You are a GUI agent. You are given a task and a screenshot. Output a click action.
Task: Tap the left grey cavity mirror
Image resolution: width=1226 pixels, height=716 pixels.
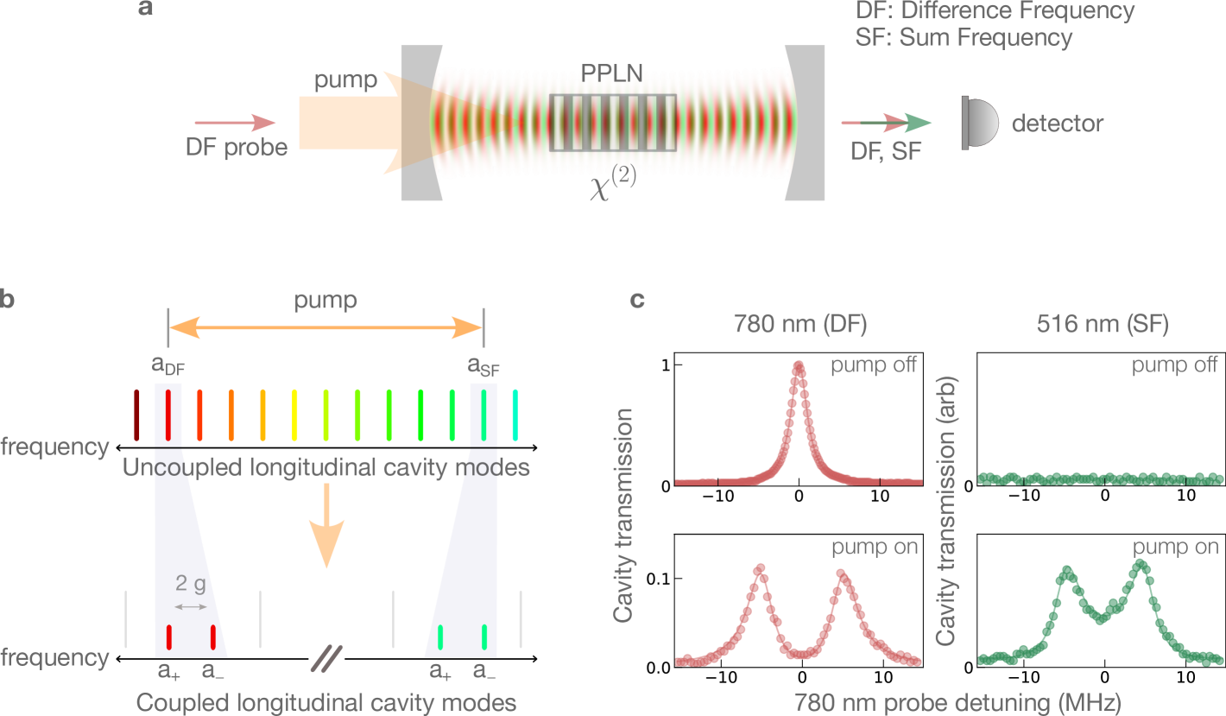418,124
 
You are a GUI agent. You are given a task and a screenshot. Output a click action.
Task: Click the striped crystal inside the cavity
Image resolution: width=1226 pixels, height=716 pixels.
612,123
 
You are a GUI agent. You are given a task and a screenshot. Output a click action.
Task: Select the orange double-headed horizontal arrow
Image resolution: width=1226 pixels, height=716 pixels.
325,327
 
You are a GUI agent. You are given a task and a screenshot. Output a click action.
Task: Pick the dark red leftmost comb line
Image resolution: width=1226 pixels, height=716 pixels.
136,415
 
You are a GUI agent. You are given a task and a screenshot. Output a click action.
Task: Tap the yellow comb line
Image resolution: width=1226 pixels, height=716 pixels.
294,415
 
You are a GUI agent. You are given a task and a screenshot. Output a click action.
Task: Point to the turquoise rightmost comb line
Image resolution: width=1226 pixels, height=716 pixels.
515,415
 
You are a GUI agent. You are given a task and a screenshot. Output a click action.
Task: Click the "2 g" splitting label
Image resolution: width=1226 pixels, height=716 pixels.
191,585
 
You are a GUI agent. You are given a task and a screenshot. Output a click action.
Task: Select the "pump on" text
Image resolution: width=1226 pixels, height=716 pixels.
1175,548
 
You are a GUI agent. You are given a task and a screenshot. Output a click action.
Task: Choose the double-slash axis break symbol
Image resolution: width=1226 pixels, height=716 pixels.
326,658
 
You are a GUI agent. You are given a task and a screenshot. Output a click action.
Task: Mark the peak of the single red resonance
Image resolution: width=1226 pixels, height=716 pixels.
799,366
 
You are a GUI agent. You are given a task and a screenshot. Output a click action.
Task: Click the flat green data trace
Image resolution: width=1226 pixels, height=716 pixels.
1100,478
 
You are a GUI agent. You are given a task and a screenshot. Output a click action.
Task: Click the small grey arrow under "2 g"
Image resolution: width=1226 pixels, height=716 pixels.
192,607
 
